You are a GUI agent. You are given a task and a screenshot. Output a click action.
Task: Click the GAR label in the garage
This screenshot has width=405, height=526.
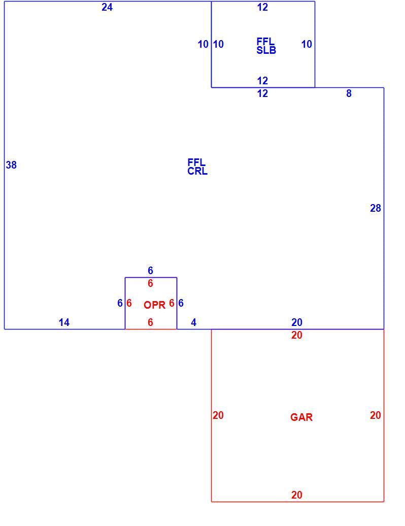[301, 417]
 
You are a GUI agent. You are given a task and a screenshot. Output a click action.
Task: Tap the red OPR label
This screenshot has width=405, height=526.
[155, 305]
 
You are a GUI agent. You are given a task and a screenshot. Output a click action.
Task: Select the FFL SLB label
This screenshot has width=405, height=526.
[266, 46]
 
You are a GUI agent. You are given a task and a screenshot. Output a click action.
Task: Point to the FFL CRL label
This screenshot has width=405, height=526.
[197, 167]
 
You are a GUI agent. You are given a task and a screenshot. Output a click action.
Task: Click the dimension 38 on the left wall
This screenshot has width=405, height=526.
[11, 165]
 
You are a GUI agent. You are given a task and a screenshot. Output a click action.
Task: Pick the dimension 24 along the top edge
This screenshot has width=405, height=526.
[107, 7]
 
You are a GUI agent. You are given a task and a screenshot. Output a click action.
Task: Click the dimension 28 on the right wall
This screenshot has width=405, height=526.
[376, 208]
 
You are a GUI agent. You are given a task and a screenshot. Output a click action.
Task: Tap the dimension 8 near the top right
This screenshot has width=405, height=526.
[349, 93]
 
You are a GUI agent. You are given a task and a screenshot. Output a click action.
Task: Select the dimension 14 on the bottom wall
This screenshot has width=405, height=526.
[64, 322]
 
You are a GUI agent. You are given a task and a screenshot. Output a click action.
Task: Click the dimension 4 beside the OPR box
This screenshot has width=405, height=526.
[193, 322]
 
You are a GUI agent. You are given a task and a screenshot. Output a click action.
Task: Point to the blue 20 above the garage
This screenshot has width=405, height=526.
[297, 322]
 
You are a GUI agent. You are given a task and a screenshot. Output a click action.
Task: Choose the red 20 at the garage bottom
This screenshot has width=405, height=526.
[297, 495]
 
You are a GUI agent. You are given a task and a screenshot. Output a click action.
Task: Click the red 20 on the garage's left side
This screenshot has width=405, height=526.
[218, 415]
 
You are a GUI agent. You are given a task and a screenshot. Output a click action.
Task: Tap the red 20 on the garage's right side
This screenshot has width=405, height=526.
[376, 415]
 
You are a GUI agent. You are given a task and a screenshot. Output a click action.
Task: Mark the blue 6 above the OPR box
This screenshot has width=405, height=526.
[151, 271]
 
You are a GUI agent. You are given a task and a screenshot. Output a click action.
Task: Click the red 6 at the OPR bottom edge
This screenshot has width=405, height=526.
[151, 322]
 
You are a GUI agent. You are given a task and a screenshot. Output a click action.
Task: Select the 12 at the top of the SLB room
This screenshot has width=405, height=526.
[262, 7]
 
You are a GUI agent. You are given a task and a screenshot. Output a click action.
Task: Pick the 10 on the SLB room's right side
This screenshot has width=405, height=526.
[307, 44]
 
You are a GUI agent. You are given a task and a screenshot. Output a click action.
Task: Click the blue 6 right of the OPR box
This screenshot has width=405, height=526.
[181, 303]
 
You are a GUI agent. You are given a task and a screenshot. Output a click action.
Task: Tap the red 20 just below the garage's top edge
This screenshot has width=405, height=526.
[297, 335]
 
